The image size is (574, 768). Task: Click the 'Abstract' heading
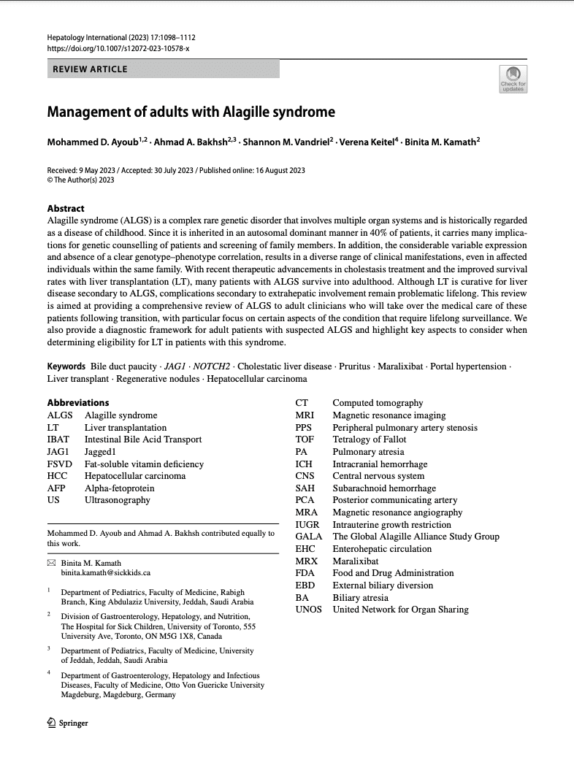66,208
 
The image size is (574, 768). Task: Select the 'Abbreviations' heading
78,402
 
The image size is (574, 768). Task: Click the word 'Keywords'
66,366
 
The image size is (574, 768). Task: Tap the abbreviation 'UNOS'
308,610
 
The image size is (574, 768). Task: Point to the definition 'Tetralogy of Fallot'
370,439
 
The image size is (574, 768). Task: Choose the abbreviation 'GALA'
308,537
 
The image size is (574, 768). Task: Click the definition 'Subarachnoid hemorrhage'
384,488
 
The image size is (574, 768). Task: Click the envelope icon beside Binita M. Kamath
51,564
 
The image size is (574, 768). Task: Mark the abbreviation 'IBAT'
58,439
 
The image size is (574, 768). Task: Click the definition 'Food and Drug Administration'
393,573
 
